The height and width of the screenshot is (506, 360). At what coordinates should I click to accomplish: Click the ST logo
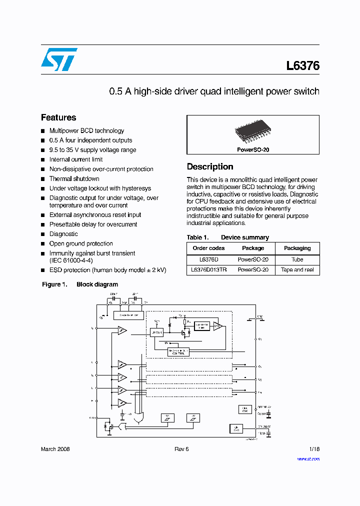tap(59, 59)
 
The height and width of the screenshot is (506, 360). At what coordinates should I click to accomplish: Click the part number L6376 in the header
tap(302, 65)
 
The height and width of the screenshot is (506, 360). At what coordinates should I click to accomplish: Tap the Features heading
tap(58, 117)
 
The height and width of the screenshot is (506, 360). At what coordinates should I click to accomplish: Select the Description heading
tap(210, 166)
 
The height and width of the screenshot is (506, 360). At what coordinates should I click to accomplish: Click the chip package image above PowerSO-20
tap(252, 133)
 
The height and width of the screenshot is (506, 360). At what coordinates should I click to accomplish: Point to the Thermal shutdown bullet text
tap(74, 178)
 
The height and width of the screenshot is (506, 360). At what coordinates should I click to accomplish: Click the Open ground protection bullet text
tap(81, 243)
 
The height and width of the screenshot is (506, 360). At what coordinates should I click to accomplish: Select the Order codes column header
tap(208, 248)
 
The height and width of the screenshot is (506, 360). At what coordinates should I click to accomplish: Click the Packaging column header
tap(297, 248)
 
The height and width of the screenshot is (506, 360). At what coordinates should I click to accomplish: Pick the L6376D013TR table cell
tap(208, 269)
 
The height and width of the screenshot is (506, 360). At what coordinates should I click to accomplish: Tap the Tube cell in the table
tap(297, 259)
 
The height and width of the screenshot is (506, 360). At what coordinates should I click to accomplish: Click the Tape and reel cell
tap(297, 269)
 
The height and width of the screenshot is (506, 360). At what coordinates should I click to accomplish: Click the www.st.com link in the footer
tap(308, 458)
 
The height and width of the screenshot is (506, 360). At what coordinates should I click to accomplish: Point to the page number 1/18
tap(314, 449)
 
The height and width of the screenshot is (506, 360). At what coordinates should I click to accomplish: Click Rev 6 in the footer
tap(181, 449)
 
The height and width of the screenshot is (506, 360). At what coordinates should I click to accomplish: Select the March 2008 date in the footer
tap(55, 449)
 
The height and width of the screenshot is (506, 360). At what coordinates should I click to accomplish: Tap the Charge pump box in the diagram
tap(129, 315)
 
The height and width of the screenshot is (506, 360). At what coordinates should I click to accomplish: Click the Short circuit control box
tap(178, 351)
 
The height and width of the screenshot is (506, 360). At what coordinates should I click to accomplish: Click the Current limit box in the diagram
tap(201, 326)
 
